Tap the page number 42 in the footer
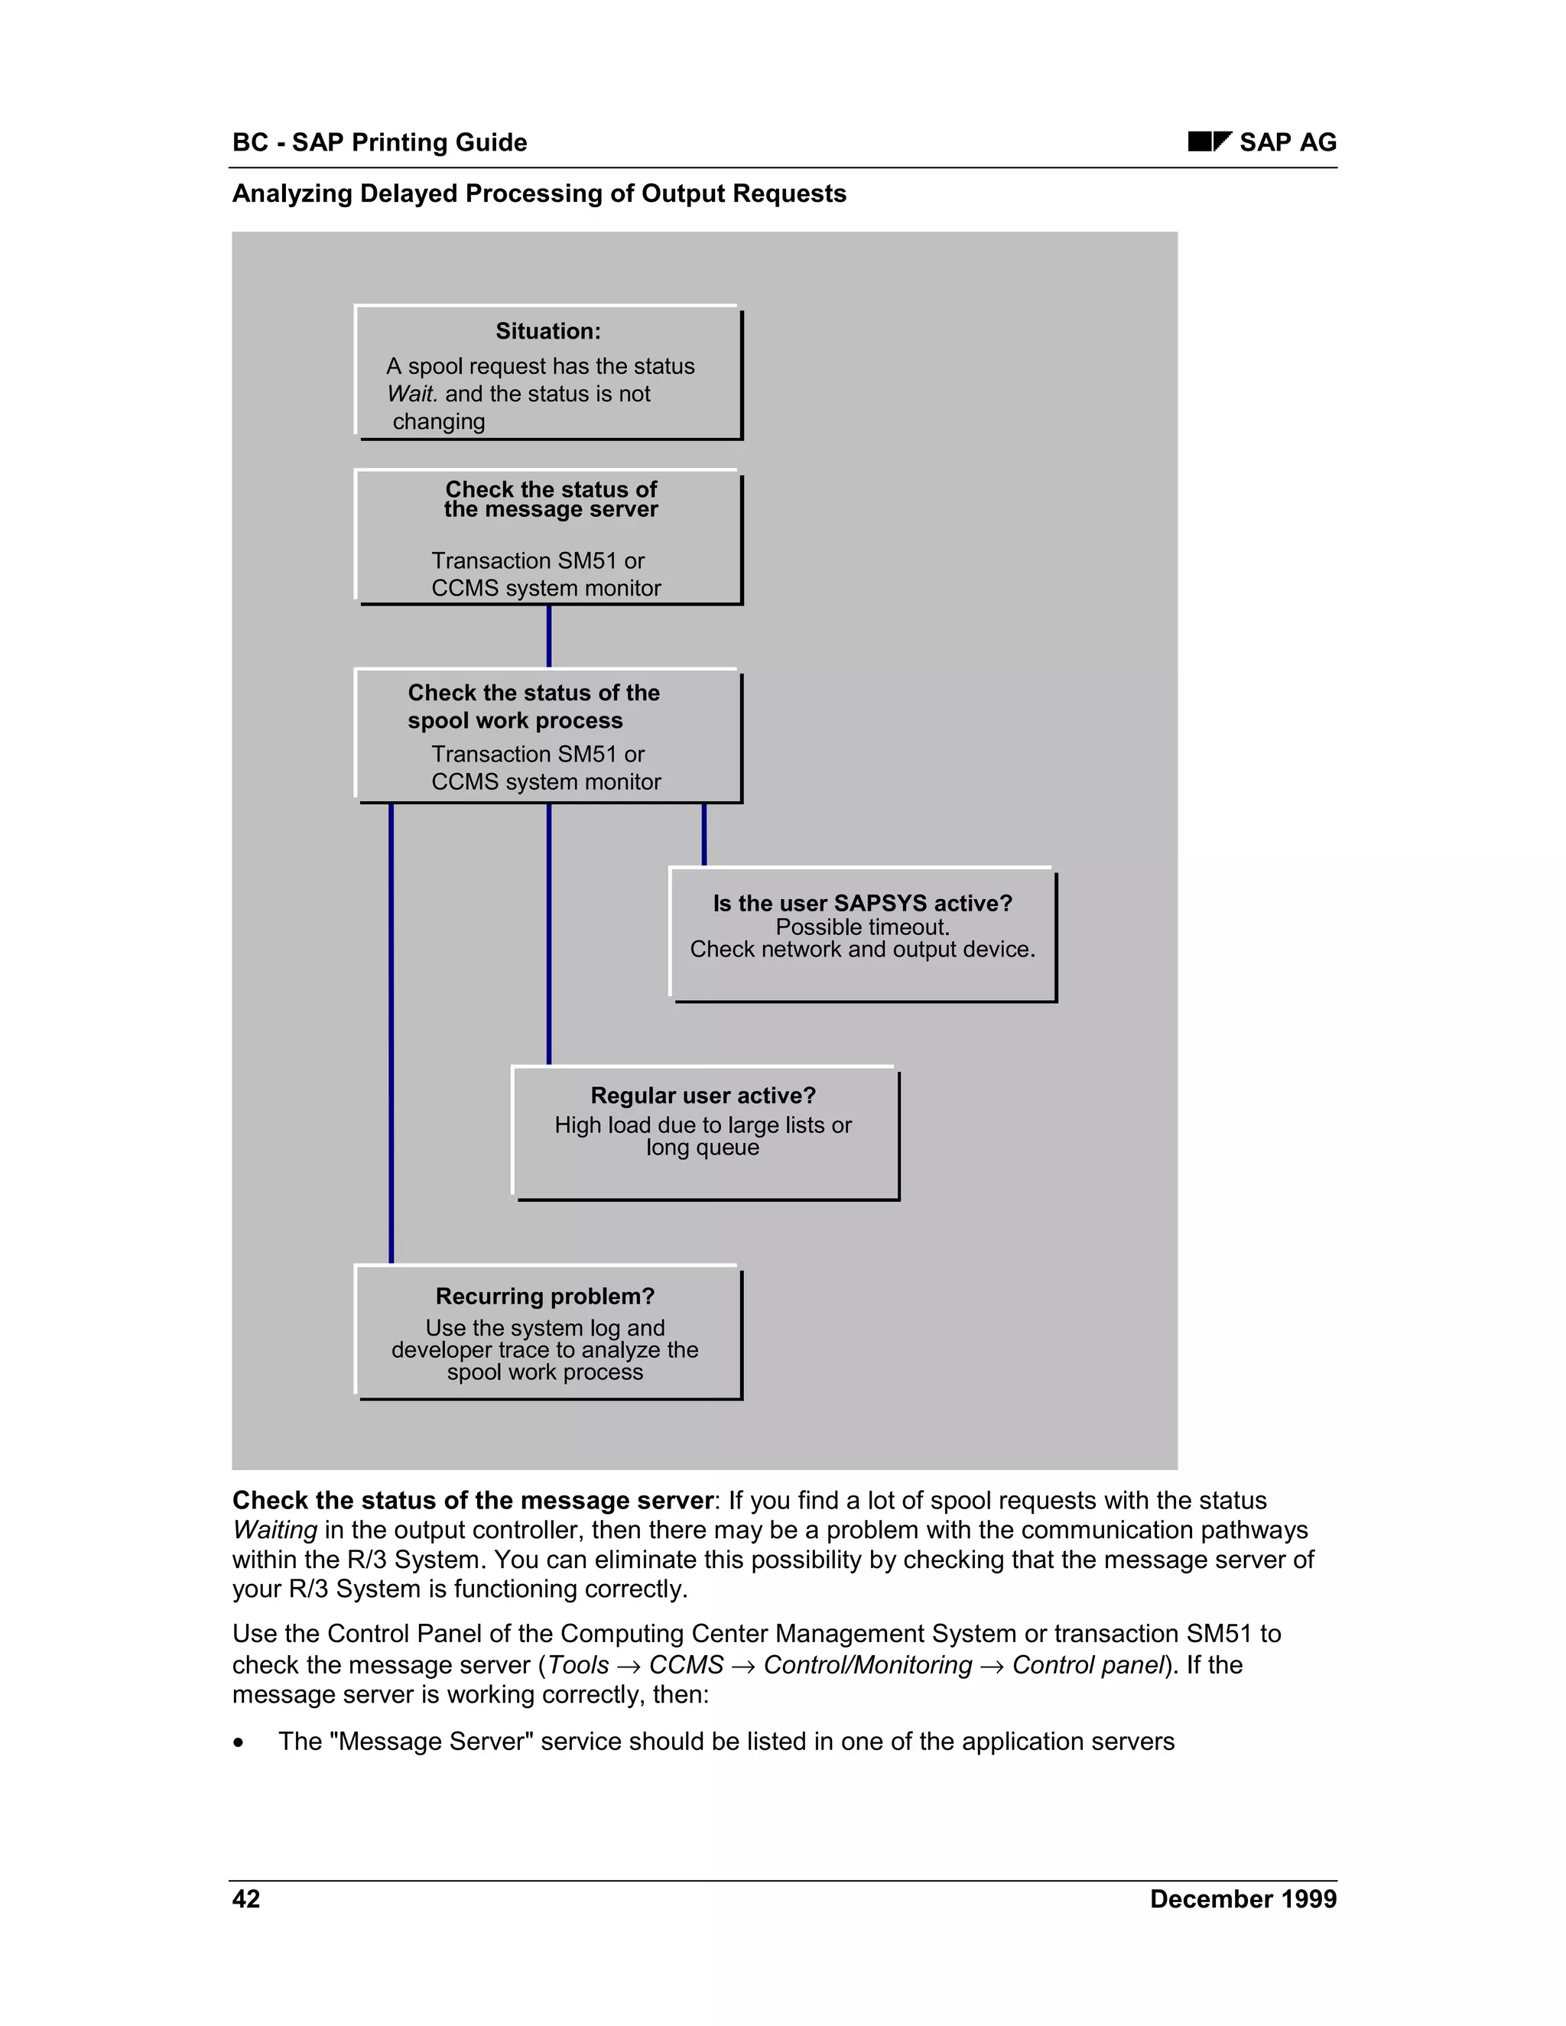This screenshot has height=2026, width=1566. (x=246, y=1899)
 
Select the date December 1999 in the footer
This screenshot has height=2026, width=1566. (x=1243, y=1899)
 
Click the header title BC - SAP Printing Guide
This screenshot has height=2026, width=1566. (x=379, y=142)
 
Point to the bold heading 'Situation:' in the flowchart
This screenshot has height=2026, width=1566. (x=547, y=331)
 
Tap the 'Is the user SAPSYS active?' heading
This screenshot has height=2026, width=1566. (x=862, y=903)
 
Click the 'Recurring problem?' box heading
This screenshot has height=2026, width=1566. (x=545, y=1296)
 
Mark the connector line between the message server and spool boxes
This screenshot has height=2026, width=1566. (x=549, y=636)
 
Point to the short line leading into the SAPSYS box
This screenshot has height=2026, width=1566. (x=704, y=834)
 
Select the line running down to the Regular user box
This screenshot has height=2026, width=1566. (x=549, y=932)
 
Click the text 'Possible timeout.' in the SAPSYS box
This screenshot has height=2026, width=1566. (x=862, y=927)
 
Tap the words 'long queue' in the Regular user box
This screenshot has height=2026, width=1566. (x=702, y=1148)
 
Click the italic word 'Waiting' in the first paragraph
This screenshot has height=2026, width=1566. (x=275, y=1530)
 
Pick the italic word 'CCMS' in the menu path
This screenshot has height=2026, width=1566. (x=686, y=1664)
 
